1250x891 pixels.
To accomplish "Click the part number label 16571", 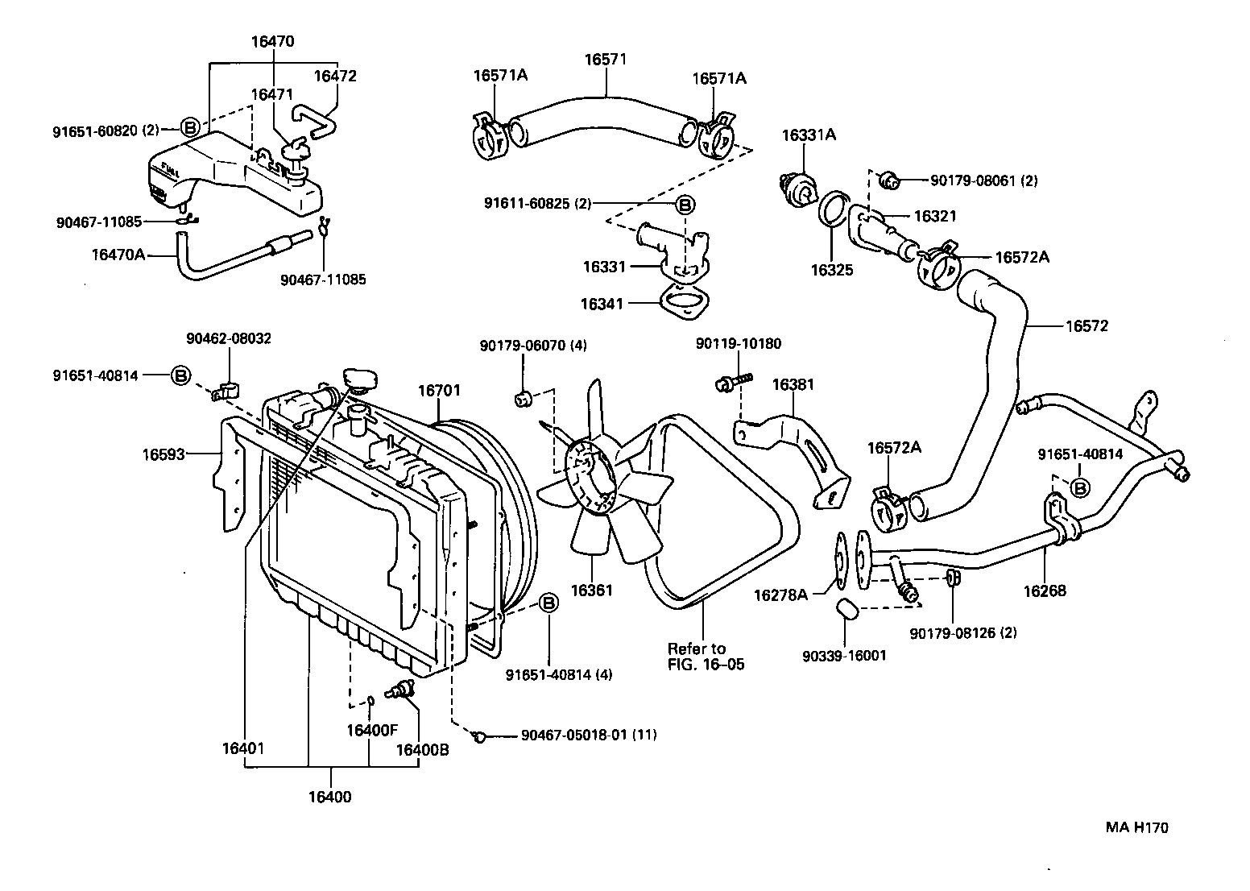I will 605,60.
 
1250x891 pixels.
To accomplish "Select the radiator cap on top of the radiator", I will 358,379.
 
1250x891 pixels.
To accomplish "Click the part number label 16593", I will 164,454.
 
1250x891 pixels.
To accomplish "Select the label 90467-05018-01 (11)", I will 589,735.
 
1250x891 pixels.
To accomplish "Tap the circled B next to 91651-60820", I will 190,127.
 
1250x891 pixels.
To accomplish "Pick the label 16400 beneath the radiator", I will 329,798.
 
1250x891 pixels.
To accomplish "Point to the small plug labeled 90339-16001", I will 846,609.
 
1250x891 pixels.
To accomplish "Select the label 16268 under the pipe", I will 1045,591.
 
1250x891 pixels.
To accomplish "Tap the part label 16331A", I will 809,135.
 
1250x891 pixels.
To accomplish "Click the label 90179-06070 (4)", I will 532,346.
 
